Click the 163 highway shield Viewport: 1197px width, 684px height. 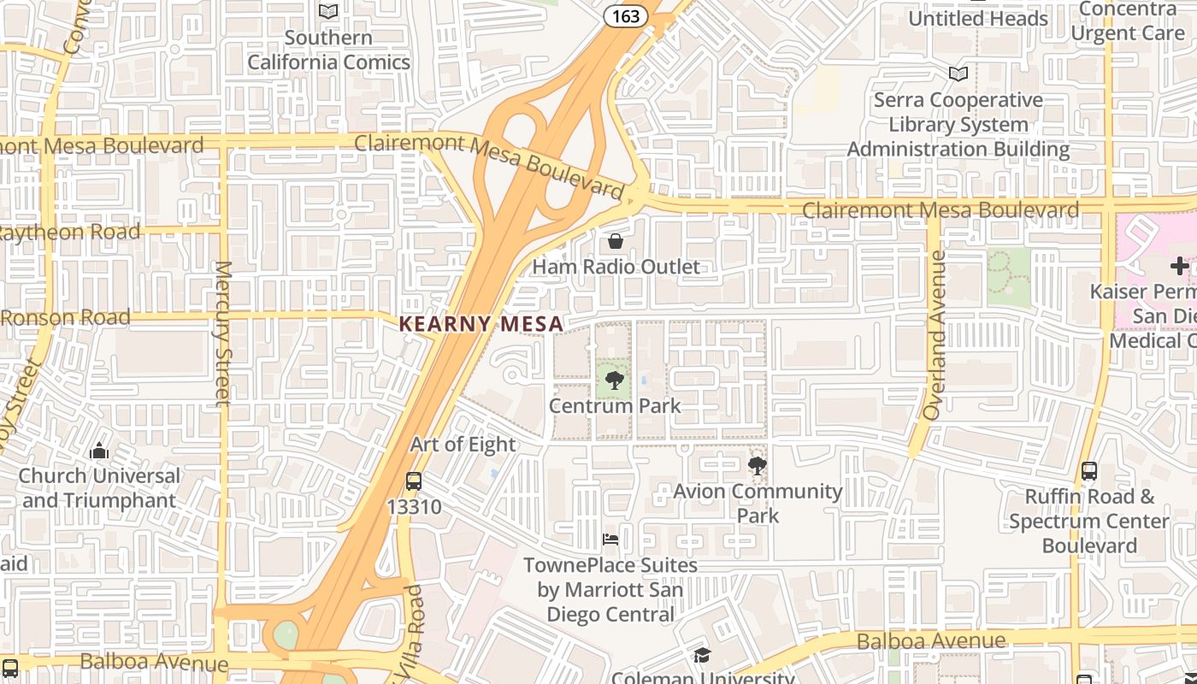pyautogui.click(x=621, y=16)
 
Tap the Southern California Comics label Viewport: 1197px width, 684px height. pyautogui.click(x=329, y=50)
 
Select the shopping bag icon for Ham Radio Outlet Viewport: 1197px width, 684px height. pyautogui.click(x=615, y=241)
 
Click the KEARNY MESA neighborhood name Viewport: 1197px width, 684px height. pyautogui.click(x=481, y=324)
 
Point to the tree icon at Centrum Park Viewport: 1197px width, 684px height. pyautogui.click(x=614, y=380)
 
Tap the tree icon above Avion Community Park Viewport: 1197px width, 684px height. pyautogui.click(x=757, y=466)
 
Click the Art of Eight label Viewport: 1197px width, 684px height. pyautogui.click(x=463, y=445)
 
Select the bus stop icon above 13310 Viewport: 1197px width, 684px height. pyautogui.click(x=414, y=481)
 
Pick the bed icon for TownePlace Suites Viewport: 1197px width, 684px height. pyautogui.click(x=610, y=540)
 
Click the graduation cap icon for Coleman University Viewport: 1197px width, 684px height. pyautogui.click(x=702, y=656)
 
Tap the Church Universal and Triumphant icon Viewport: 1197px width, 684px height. pyautogui.click(x=99, y=451)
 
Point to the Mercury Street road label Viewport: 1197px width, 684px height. pyautogui.click(x=222, y=333)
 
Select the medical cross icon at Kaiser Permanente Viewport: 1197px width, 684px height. pyautogui.click(x=1179, y=266)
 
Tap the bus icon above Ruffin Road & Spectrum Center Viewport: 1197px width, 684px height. pyautogui.click(x=1089, y=470)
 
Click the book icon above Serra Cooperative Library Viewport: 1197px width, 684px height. pyautogui.click(x=958, y=74)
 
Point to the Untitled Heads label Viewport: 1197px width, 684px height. pyautogui.click(x=977, y=18)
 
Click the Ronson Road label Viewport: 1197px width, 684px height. pyautogui.click(x=66, y=317)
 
